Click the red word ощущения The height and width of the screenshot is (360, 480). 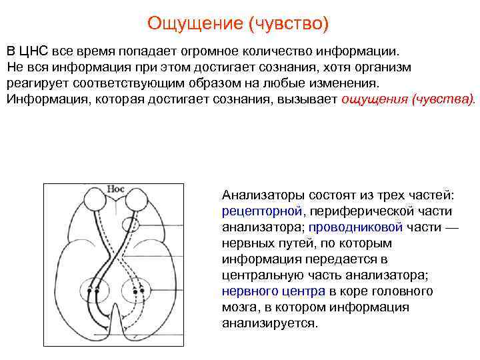click(374, 100)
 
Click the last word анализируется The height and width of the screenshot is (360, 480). click(270, 323)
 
